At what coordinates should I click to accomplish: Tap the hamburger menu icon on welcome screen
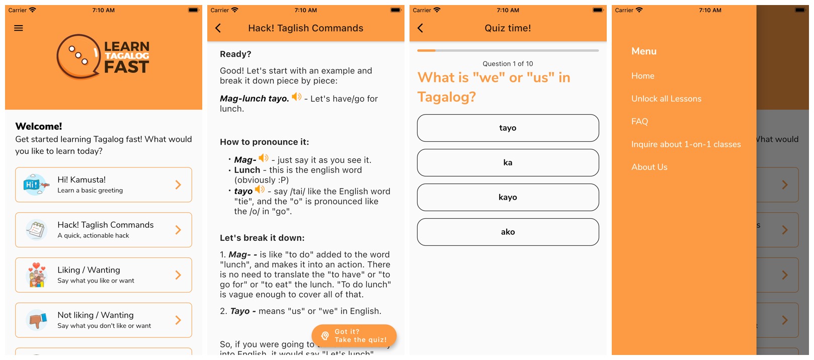(19, 28)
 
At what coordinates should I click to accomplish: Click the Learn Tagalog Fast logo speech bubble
(78, 57)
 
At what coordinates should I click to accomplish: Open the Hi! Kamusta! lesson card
(103, 185)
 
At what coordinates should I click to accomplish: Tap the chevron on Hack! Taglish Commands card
(178, 230)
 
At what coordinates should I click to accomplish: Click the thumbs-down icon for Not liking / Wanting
(37, 320)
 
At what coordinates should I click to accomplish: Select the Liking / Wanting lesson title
(89, 270)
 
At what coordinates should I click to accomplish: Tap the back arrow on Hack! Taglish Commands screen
(218, 28)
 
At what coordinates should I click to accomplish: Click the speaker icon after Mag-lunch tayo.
(297, 97)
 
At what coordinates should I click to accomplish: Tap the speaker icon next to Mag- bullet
(263, 158)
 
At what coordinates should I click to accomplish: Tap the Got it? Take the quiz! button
(354, 335)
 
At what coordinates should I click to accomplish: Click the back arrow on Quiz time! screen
(421, 28)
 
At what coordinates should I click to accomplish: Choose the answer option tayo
(508, 128)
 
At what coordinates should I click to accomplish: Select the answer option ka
(508, 162)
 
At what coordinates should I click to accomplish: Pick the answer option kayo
(508, 197)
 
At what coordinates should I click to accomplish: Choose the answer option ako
(508, 232)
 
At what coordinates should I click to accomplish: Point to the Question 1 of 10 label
(508, 64)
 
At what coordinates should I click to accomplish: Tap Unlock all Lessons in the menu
(666, 99)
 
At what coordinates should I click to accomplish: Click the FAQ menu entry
(639, 121)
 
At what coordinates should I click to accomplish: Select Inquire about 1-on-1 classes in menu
(686, 144)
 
